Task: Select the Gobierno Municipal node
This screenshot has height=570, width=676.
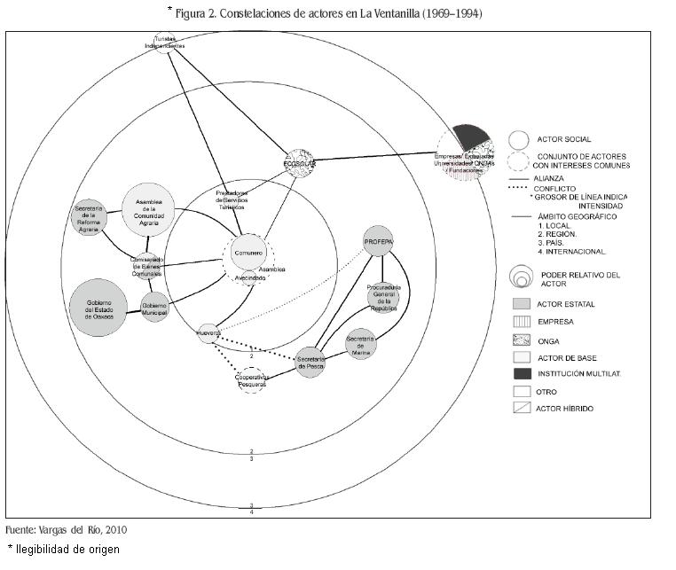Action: tap(154, 307)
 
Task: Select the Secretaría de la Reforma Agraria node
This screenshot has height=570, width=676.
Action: tap(90, 217)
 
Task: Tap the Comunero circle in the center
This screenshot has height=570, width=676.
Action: tap(249, 254)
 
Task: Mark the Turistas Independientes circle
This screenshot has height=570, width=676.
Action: tap(164, 43)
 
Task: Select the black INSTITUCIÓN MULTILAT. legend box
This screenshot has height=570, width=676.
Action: tap(522, 372)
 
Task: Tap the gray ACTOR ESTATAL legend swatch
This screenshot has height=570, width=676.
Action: tap(522, 304)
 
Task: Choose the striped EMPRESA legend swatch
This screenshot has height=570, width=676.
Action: tap(522, 321)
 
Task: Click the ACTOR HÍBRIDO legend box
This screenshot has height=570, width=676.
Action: tap(522, 408)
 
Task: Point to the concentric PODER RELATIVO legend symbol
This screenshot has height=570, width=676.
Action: tap(521, 277)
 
